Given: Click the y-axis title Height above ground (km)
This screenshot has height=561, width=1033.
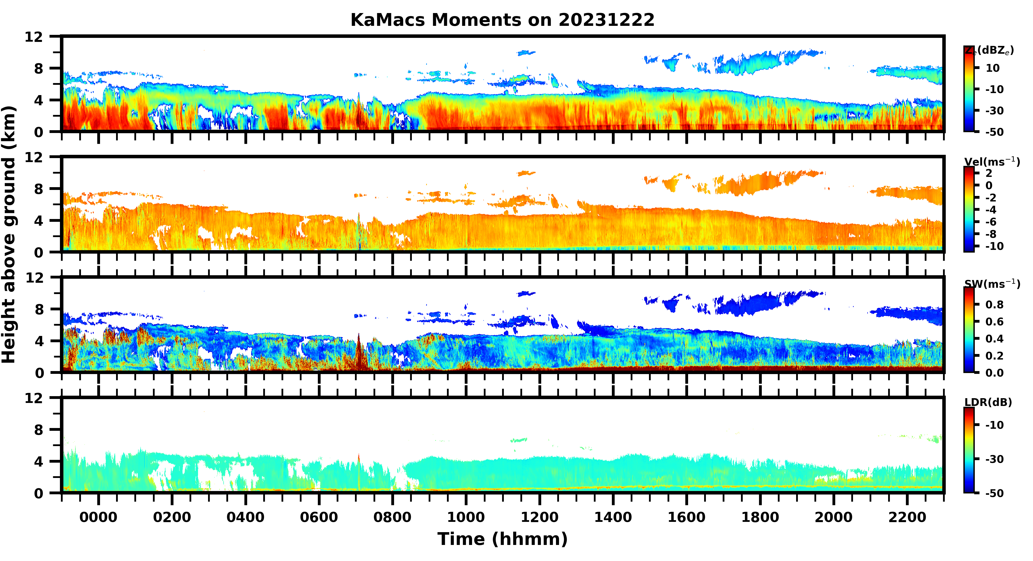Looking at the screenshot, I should click(9, 235).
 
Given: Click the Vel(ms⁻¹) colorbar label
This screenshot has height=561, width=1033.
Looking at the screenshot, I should click(992, 162).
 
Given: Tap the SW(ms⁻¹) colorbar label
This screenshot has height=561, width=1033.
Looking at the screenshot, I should click(992, 284).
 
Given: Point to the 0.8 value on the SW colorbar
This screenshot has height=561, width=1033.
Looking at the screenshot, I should click(994, 305).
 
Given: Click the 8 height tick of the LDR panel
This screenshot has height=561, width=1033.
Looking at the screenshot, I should click(38, 430).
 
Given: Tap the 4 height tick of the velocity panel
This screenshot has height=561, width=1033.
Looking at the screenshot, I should click(38, 221).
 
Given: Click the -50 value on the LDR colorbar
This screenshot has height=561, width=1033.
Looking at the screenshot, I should click(994, 493).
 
